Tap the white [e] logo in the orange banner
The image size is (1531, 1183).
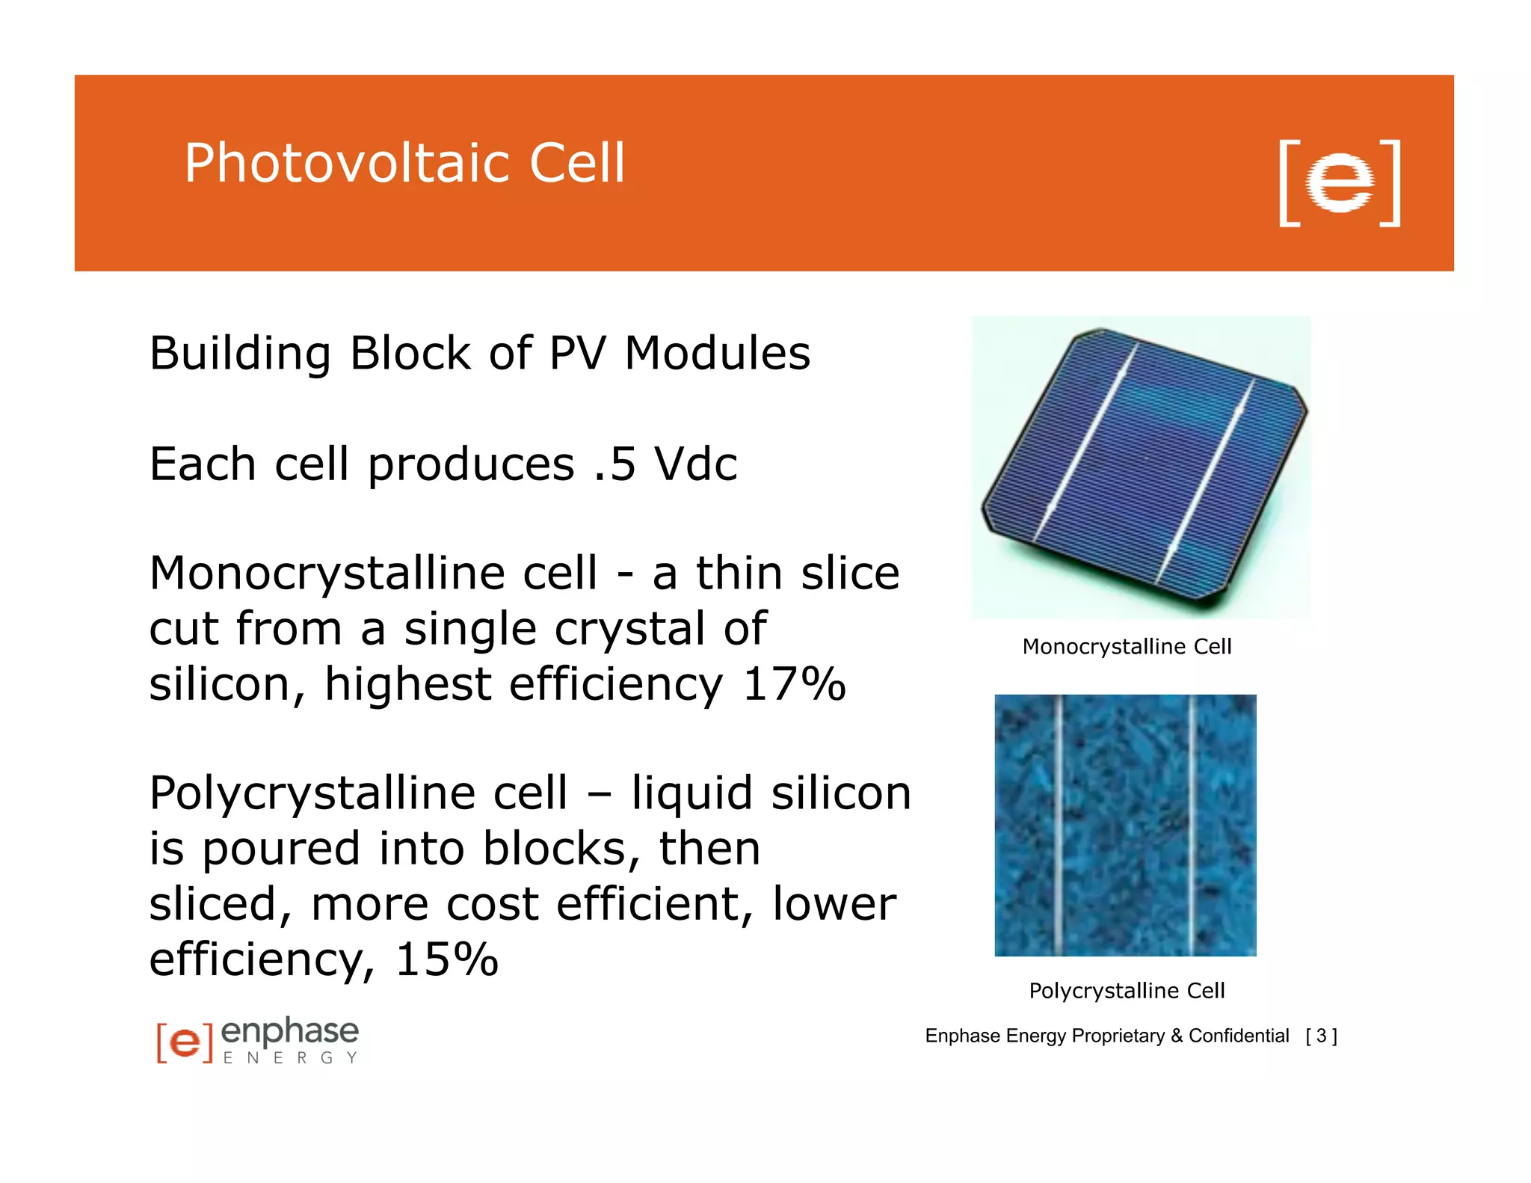(x=1339, y=182)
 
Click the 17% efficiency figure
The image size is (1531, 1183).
(x=793, y=683)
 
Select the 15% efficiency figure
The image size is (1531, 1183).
(x=446, y=959)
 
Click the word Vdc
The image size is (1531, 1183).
(x=695, y=464)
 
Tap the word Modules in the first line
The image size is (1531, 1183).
(x=717, y=353)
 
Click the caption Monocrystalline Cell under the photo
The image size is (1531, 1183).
(x=1126, y=647)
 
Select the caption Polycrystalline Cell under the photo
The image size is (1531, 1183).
(x=1126, y=991)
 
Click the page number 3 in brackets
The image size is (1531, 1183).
(x=1321, y=1036)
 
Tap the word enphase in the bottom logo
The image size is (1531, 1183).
(x=290, y=1032)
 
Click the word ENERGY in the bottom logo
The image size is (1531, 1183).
(x=290, y=1058)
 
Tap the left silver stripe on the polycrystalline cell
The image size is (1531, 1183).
(x=1059, y=826)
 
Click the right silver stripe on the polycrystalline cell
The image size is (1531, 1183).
(x=1192, y=826)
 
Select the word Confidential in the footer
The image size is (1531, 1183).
(x=1239, y=1036)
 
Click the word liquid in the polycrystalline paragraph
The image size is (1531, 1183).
(x=691, y=793)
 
